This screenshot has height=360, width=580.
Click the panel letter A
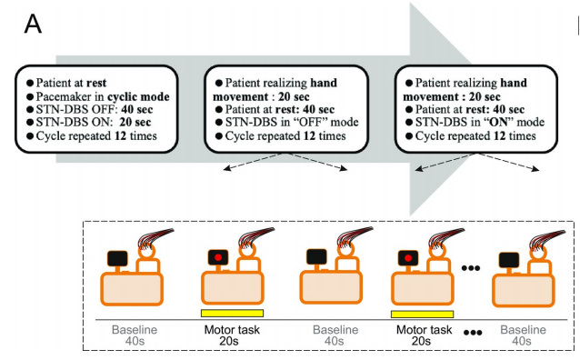[33, 25]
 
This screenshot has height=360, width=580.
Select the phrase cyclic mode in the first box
[138, 97]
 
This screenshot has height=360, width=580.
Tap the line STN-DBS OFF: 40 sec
[95, 109]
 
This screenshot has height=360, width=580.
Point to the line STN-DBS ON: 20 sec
[94, 122]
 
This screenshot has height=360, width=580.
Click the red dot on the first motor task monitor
[218, 257]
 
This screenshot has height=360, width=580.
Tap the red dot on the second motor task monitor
[408, 257]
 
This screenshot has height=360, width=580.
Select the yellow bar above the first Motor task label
[233, 314]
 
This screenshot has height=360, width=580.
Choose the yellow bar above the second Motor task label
[423, 315]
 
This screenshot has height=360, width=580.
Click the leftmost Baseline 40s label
[135, 335]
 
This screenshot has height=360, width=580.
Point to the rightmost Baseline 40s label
[523, 335]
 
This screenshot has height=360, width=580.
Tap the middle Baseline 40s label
[335, 335]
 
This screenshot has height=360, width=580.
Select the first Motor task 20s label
[232, 335]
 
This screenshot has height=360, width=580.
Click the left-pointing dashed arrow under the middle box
[253, 161]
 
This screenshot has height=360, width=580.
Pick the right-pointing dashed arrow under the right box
[508, 161]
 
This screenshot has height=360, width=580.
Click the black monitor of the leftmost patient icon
[117, 258]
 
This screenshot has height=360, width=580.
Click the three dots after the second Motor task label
[473, 333]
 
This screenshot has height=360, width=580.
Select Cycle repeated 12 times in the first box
[96, 135]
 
